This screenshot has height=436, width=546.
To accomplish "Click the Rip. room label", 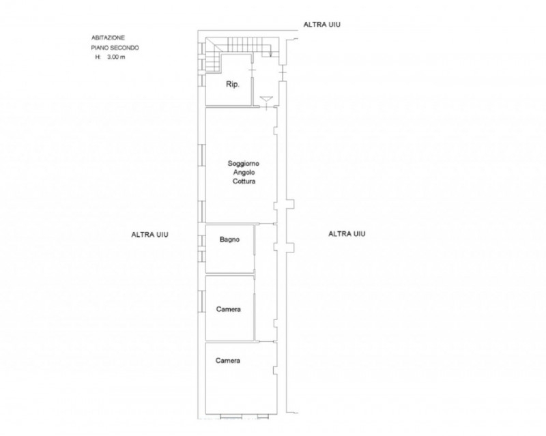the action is (233, 85).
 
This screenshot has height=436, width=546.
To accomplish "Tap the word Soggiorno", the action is (244, 163).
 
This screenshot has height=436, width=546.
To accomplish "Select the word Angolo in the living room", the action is (244, 173).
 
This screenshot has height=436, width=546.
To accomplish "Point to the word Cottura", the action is (244, 181).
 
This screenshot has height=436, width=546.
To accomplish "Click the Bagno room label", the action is (229, 239).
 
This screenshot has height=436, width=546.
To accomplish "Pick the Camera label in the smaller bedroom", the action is (229, 309).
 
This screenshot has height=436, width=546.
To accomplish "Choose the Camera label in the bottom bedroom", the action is (228, 360).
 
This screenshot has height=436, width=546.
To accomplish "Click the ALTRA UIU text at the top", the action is (321, 25).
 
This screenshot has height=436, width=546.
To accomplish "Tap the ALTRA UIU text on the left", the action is (149, 235).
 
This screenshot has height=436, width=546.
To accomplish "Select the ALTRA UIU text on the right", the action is (347, 233).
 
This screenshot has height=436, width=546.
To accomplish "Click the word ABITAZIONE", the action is (108, 38).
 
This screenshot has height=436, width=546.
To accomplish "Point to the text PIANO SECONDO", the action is (115, 48).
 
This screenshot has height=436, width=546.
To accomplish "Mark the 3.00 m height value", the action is (116, 57).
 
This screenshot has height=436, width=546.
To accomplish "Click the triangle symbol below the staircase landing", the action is (266, 99).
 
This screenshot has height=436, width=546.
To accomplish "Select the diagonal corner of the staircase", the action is (213, 45).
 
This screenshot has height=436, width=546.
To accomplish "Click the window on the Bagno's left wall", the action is (201, 248).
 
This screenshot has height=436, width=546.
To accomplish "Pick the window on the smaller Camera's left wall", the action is (201, 302).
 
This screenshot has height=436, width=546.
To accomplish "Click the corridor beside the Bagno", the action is (265, 282).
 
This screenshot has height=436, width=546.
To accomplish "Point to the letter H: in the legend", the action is (98, 57).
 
